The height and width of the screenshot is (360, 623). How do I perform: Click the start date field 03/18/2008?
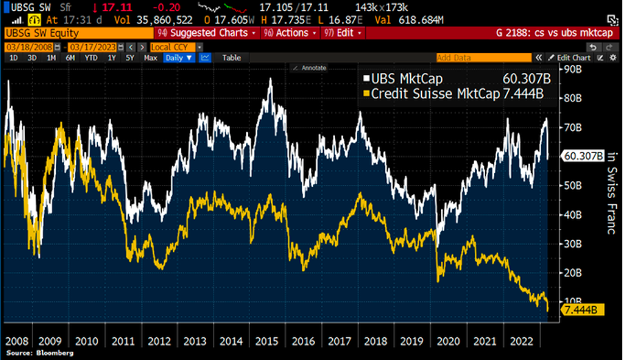click(20, 47)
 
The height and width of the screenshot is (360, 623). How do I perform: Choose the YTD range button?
click(90, 58)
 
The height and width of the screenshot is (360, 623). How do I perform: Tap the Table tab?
click(232, 58)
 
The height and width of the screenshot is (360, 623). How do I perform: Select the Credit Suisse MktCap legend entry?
click(455, 93)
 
